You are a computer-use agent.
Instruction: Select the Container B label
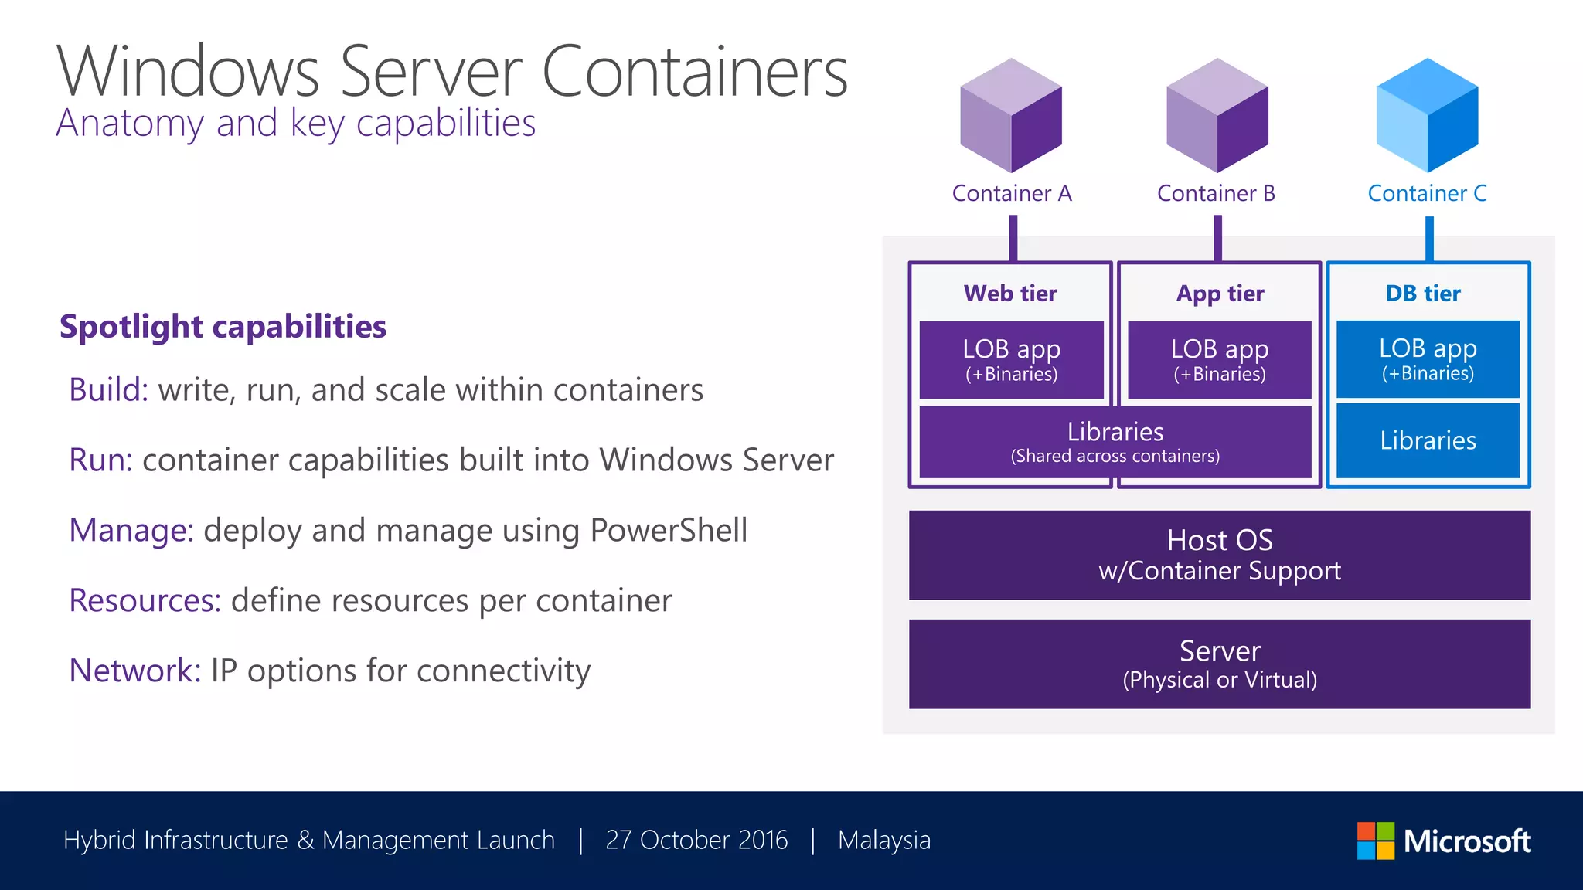pos(1216,193)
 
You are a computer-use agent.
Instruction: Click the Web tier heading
pos(1010,294)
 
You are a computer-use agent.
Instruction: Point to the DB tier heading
pos(1423,294)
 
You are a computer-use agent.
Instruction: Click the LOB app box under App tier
pos(1219,360)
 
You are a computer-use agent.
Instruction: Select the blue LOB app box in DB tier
pos(1428,360)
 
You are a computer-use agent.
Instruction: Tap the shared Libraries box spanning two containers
pos(1115,442)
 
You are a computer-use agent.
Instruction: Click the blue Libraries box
pos(1428,440)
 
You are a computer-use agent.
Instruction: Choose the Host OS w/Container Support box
pos(1219,555)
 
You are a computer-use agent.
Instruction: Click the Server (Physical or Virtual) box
pos(1219,664)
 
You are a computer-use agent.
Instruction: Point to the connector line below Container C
pos(1429,239)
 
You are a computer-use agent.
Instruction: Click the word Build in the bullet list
pos(107,390)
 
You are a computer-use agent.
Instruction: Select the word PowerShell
pos(669,531)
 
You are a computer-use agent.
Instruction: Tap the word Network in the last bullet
pos(134,671)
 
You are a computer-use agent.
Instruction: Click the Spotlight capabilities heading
pos(223,327)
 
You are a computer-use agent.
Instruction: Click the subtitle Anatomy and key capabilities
pos(295,124)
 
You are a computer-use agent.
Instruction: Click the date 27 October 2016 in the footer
pos(696,840)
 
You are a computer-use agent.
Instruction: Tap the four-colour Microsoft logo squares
pos(1376,841)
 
